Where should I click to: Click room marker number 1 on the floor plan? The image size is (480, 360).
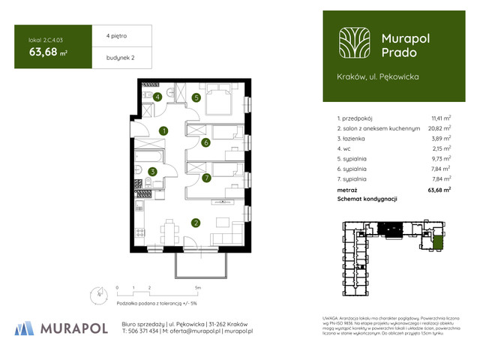coord(163,131)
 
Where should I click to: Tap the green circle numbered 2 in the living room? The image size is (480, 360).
coord(195,223)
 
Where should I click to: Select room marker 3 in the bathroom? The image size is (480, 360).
coord(152,172)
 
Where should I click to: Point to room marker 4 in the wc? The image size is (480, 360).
coord(157,97)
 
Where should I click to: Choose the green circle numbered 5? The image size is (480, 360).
coord(196,97)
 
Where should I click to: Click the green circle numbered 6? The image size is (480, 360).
coord(205,142)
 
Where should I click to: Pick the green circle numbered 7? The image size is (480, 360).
coord(205,178)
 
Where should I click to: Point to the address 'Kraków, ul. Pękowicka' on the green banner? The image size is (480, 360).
coord(378,76)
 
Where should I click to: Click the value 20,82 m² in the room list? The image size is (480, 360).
coord(440,129)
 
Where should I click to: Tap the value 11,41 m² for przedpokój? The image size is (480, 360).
coord(440,118)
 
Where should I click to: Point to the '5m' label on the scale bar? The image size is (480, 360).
coord(196,287)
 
